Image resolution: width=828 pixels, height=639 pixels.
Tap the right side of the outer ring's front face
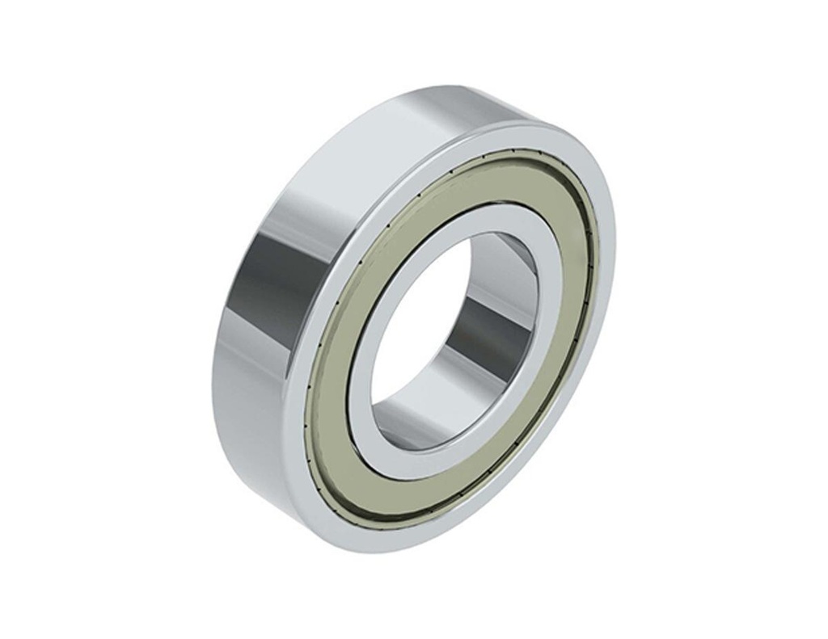605,267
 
